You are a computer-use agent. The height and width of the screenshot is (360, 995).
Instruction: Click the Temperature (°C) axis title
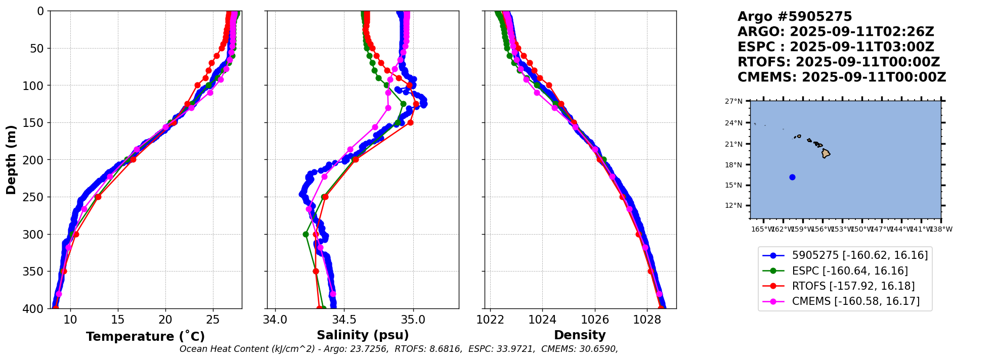tap(145, 336)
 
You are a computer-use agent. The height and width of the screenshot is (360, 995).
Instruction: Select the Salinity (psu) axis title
tap(363, 335)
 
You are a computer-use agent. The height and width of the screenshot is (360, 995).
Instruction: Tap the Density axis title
tap(580, 335)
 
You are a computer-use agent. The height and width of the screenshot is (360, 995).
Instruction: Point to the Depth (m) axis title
tap(11, 159)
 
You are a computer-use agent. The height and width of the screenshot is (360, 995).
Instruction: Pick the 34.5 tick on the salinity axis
tap(344, 320)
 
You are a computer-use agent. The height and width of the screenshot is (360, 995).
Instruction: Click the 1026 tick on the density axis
tap(595, 320)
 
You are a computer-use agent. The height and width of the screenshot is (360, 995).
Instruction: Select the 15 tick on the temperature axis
tap(118, 320)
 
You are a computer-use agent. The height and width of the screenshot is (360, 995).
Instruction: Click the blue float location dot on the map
tap(792, 177)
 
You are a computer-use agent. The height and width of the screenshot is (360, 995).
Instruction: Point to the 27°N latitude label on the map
tap(734, 102)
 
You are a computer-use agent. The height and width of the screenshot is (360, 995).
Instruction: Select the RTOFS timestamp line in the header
tap(838, 62)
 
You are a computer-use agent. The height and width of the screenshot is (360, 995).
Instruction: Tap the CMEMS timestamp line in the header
tap(841, 77)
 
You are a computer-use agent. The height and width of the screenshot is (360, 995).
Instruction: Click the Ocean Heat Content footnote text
tap(399, 349)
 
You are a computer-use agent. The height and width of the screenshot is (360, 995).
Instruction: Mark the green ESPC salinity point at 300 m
tap(306, 234)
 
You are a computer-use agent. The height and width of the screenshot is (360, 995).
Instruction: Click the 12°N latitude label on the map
tap(734, 205)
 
